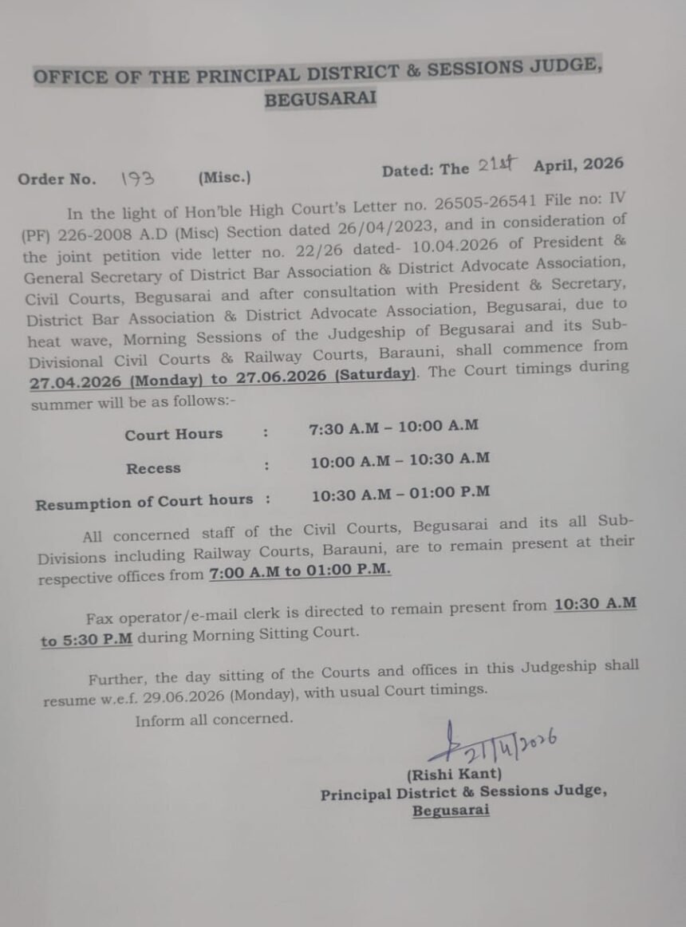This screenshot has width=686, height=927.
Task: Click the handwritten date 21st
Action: (498, 165)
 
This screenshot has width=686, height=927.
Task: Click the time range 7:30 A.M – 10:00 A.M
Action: (393, 428)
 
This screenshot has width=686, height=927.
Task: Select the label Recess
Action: (153, 469)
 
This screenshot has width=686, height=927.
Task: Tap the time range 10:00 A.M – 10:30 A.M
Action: (400, 461)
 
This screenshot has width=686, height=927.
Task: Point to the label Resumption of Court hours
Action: (144, 503)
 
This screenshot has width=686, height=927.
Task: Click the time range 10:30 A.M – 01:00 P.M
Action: (400, 494)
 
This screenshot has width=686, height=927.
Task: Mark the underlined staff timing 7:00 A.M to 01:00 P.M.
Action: (300, 572)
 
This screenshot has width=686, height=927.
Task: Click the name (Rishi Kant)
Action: (454, 774)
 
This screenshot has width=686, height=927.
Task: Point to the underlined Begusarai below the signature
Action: (451, 811)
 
